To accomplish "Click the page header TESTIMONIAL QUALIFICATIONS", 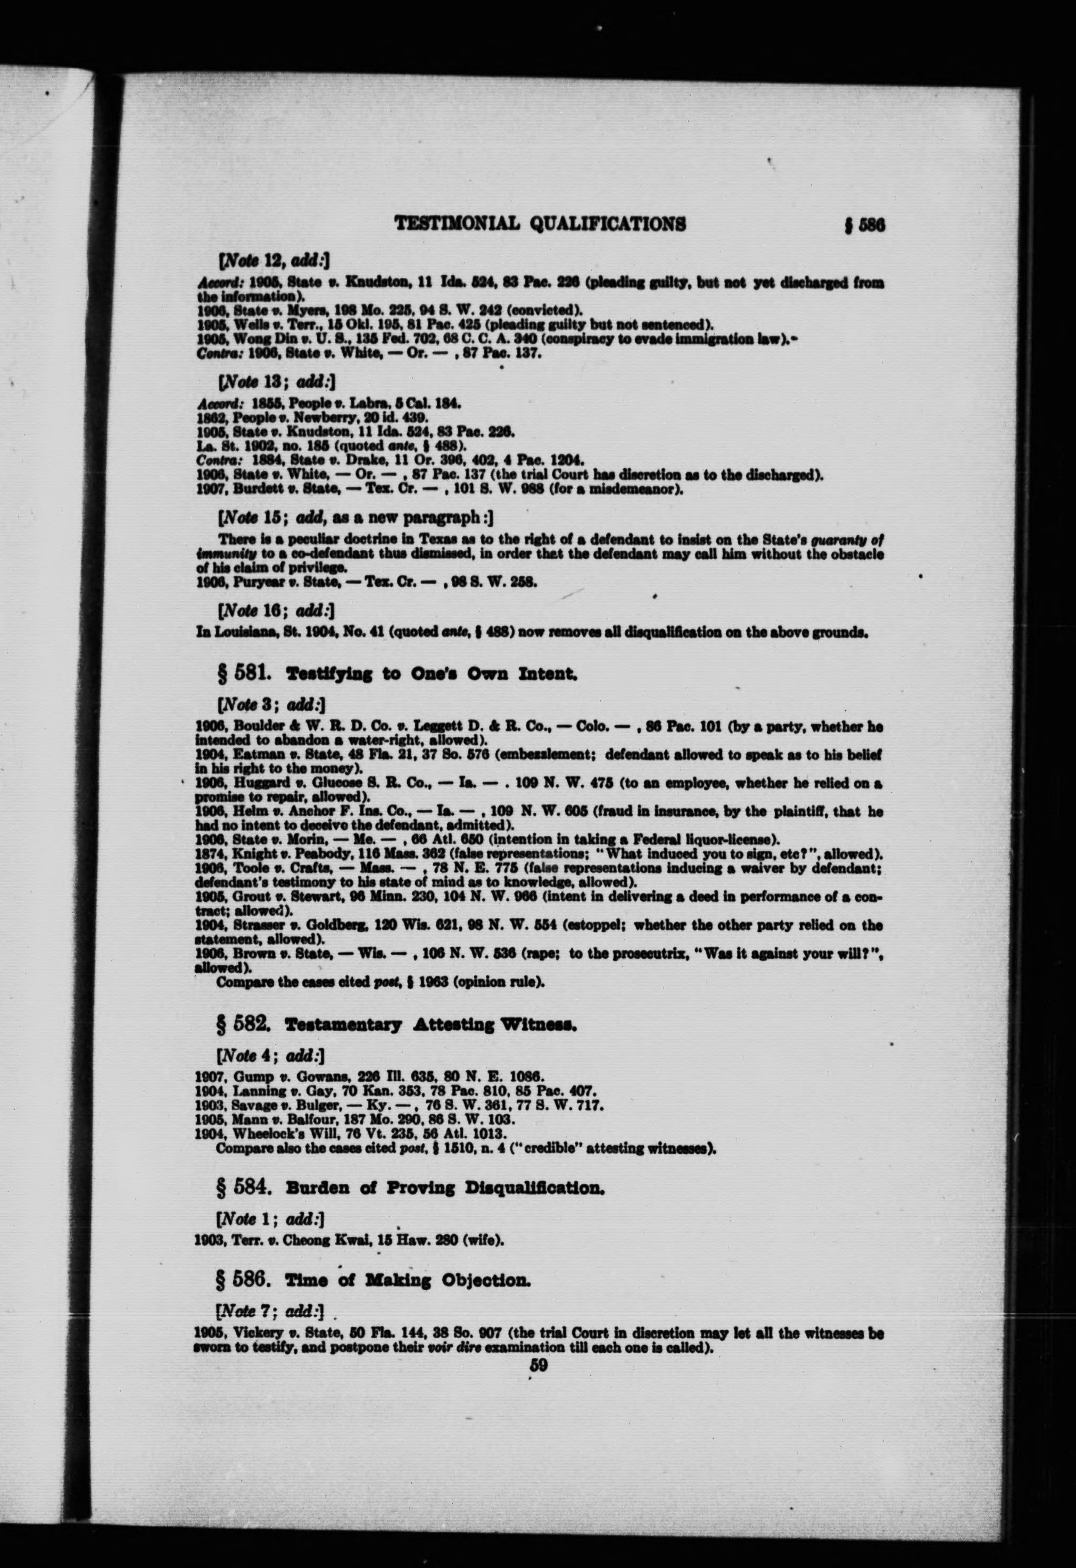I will (540, 224).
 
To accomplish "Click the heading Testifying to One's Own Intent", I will (432, 674).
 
